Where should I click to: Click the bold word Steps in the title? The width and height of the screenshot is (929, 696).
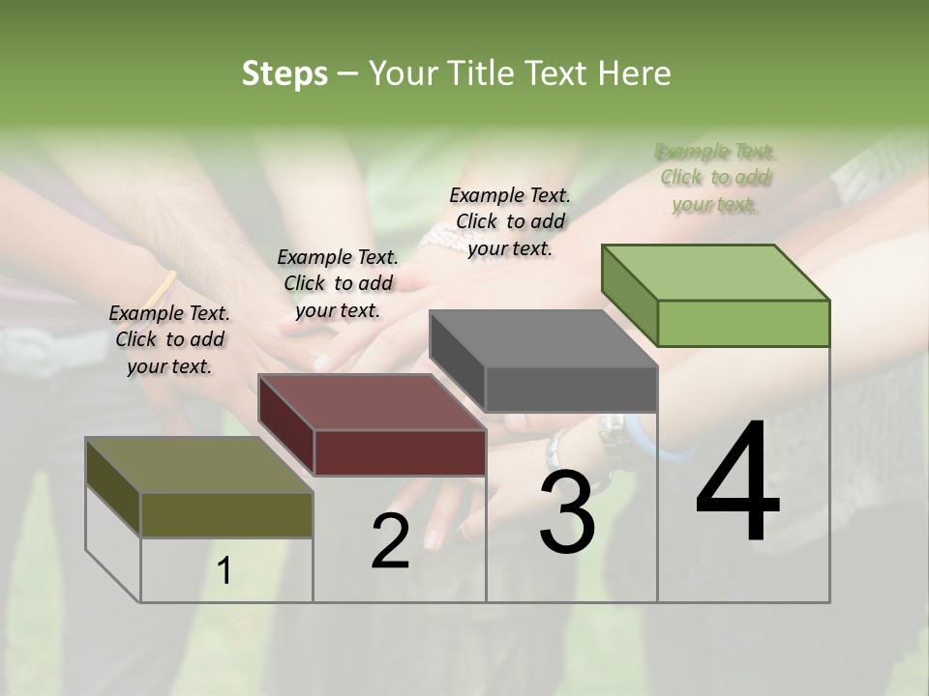coord(284,73)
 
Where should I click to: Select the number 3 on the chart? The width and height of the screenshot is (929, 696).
coord(567,512)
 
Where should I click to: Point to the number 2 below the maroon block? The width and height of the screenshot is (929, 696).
coord(390,541)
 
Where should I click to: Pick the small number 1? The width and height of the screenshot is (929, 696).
coord(225,570)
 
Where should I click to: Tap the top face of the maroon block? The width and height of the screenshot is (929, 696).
coord(371,401)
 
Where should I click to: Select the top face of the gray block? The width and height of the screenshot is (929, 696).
coord(542,338)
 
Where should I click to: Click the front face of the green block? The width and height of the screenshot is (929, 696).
coord(743,323)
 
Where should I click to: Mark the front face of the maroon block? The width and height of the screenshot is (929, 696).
coord(400,452)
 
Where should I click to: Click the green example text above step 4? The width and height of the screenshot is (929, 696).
coord(715,178)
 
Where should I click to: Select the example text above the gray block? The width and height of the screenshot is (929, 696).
coord(510,221)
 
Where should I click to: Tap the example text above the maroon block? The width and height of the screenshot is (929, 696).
coord(338,283)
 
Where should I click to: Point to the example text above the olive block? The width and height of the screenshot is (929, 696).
coord(169,339)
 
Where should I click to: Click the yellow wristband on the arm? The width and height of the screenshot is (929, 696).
coord(161,287)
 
